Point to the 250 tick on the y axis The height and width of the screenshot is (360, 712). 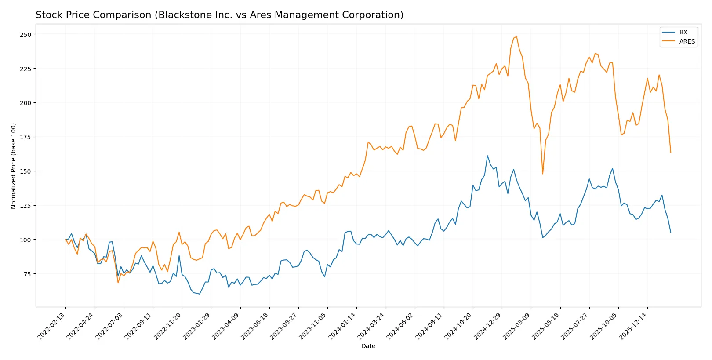pos(25,34)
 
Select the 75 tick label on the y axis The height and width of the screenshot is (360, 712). pos(27,274)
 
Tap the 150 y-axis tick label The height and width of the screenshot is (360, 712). pos(25,171)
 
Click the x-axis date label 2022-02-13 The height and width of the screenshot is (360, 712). pos(51,326)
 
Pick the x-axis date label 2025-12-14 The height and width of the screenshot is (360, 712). pos(633,326)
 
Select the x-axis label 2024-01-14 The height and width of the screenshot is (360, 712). pos(342,326)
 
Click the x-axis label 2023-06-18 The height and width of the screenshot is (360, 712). pos(255,326)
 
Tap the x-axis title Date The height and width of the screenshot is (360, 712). pos(368,346)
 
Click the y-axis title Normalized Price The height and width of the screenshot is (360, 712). pos(14,166)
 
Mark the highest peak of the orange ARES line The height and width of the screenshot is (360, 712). pos(516,37)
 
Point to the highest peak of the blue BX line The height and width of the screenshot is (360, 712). pos(487,156)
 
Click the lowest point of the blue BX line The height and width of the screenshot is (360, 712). pos(200,294)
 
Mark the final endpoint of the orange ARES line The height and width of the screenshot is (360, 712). pos(671,153)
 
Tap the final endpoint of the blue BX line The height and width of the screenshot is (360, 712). pos(671,233)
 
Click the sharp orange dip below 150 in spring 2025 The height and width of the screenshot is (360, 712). pos(543,174)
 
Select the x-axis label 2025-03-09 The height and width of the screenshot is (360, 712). pos(517,326)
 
